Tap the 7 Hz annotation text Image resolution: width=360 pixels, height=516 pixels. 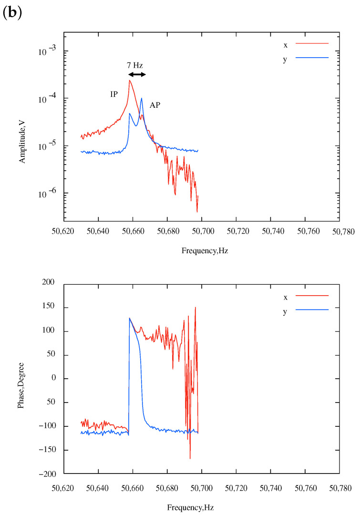pyautogui.click(x=136, y=65)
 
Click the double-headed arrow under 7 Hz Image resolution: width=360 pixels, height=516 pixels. pyautogui.click(x=137, y=75)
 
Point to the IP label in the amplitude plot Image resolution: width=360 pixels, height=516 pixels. pyautogui.click(x=114, y=94)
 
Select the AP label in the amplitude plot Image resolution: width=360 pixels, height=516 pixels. pyautogui.click(x=155, y=105)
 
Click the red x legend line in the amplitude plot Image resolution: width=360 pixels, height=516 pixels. pyautogui.click(x=312, y=43)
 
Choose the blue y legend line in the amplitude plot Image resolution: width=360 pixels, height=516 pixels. pyautogui.click(x=312, y=57)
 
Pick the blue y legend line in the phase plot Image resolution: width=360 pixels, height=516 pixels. pyautogui.click(x=312, y=310)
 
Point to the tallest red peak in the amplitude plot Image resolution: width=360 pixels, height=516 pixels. pyautogui.click(x=129, y=81)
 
